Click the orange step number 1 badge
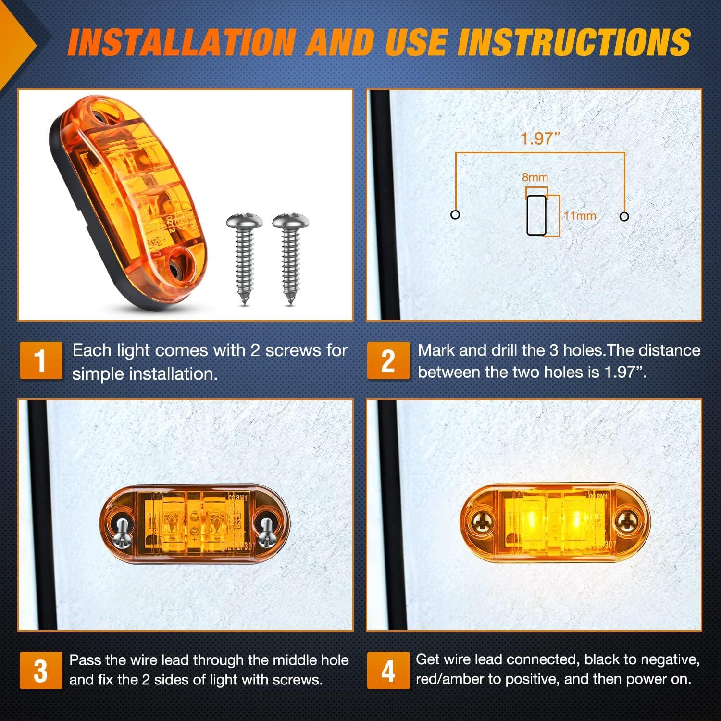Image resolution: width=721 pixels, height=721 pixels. pyautogui.click(x=41, y=360)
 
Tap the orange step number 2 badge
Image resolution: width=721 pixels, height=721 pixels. pyautogui.click(x=388, y=360)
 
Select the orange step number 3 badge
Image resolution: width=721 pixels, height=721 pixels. pyautogui.click(x=41, y=671)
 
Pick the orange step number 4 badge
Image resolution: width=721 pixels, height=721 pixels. pyautogui.click(x=388, y=671)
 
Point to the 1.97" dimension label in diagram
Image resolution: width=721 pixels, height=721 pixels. pyautogui.click(x=540, y=138)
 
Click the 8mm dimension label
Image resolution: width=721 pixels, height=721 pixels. pyautogui.click(x=535, y=177)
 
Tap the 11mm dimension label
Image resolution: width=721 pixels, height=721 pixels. pyautogui.click(x=580, y=216)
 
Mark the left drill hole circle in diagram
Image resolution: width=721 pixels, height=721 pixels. pyautogui.click(x=455, y=214)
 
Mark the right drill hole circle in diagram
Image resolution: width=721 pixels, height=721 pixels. pyautogui.click(x=624, y=216)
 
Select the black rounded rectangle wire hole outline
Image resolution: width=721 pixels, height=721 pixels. pyautogui.click(x=536, y=215)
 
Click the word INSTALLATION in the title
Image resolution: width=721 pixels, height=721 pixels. pyautogui.click(x=180, y=42)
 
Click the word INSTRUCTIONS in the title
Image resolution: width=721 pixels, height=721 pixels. pyautogui.click(x=573, y=42)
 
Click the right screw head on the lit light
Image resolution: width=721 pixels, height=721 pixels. pyautogui.click(x=627, y=520)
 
